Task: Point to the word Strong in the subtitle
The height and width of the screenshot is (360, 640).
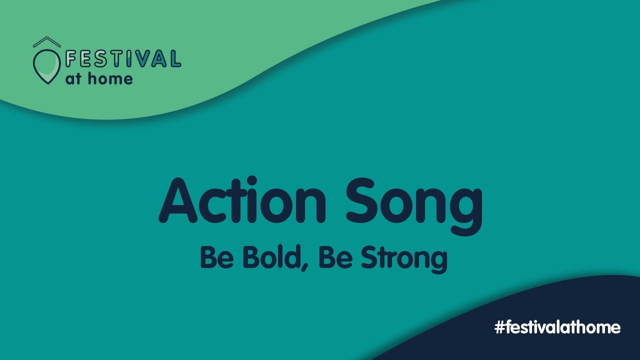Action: click(403, 259)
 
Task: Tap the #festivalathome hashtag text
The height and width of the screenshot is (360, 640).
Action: click(557, 327)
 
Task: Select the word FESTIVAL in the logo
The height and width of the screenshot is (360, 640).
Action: click(122, 59)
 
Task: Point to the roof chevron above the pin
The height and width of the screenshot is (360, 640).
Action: click(46, 42)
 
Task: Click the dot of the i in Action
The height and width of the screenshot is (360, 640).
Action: click(252, 180)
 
